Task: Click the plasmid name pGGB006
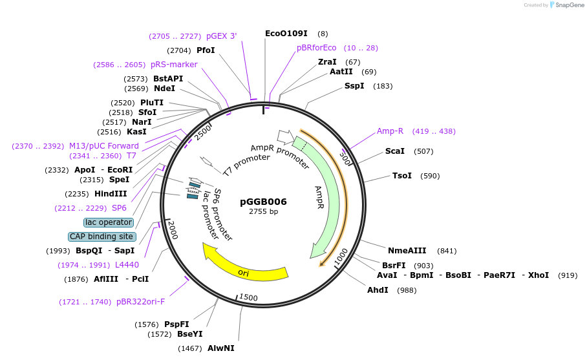point(263,202)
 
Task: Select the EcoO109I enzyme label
point(286,34)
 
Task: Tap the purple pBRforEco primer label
point(316,48)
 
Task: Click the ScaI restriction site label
point(394,151)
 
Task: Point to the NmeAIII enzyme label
point(407,251)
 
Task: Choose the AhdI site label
point(378,290)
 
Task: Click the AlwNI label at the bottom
point(220,348)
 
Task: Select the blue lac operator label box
point(109,222)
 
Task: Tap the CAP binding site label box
point(101,237)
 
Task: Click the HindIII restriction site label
point(111,194)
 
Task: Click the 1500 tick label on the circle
point(249,297)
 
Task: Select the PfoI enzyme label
point(206,50)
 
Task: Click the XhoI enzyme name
point(538,275)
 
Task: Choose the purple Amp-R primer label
point(390,131)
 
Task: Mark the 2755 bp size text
point(263,212)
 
